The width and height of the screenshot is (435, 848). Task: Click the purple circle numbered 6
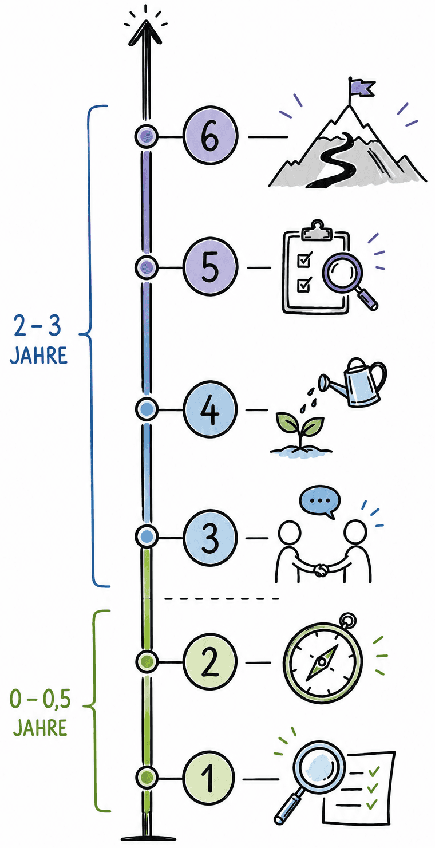point(211,136)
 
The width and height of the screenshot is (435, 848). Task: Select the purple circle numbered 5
point(211,267)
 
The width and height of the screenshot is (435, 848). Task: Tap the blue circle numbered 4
point(211,409)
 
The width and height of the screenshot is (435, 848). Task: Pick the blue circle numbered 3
point(211,538)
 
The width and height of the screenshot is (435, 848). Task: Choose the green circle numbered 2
point(209,662)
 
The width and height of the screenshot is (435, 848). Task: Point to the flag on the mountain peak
point(362,88)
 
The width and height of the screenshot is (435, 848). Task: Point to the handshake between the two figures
point(322,570)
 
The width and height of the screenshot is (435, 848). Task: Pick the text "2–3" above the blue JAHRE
point(37,326)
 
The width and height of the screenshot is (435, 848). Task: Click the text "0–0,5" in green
point(40,699)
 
